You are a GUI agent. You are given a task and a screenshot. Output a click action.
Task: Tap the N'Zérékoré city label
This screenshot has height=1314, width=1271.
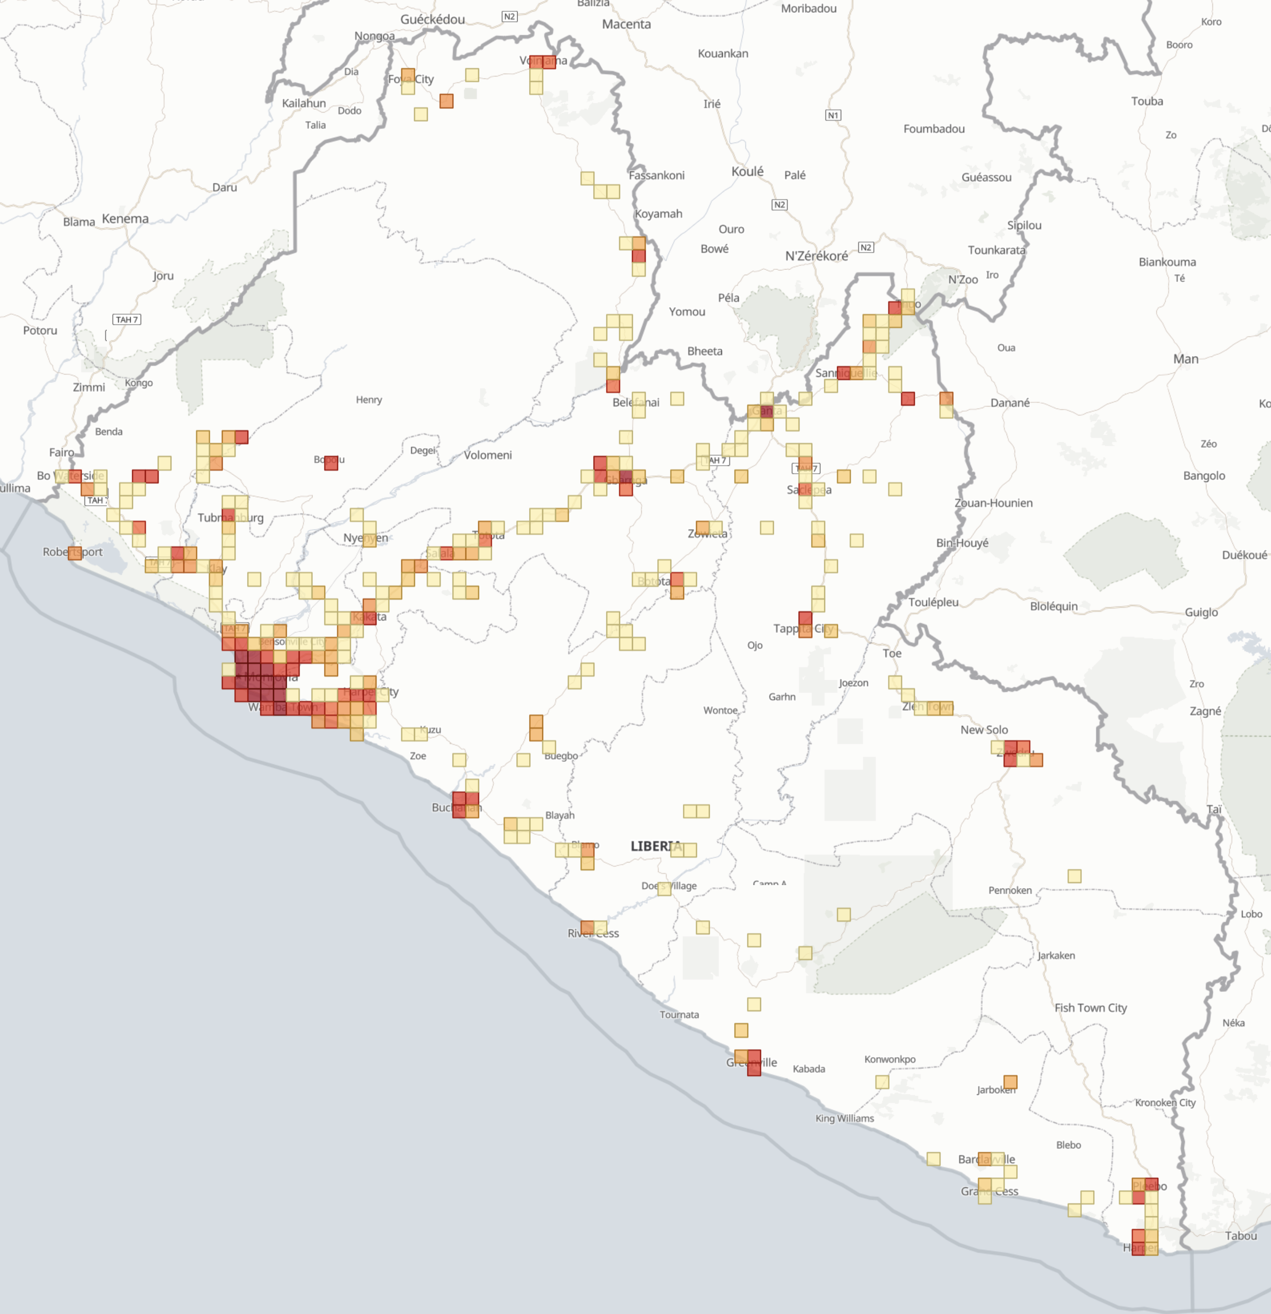(x=816, y=256)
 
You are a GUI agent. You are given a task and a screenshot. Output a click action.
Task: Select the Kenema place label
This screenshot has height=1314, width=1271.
(x=125, y=218)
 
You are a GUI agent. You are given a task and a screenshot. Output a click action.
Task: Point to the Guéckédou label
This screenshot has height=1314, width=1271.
(x=433, y=19)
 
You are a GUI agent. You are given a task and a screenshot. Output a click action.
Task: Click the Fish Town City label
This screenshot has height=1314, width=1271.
(x=1090, y=1007)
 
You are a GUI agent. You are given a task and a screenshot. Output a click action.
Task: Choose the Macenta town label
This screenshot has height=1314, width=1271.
(x=626, y=24)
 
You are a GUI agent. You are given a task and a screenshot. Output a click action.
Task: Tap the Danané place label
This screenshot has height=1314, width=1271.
(x=1009, y=402)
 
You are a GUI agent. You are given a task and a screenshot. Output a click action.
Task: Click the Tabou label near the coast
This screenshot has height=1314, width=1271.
(x=1241, y=1235)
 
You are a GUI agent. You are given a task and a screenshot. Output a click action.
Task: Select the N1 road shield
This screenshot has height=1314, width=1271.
(x=833, y=115)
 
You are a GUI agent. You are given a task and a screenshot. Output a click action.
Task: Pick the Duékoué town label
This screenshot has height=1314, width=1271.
(x=1244, y=554)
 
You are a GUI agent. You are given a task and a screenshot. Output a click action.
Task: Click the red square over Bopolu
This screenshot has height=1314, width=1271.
(x=331, y=463)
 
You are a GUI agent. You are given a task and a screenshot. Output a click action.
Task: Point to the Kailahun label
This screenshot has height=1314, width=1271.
(x=304, y=103)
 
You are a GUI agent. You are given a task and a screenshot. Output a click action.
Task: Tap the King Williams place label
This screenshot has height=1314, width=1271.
(x=845, y=1119)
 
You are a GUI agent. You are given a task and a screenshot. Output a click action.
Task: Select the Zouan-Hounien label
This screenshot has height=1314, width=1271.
(x=993, y=503)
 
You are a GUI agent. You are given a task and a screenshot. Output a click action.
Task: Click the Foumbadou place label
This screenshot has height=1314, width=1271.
(x=934, y=129)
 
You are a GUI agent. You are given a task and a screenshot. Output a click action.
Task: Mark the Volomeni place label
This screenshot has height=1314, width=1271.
(x=488, y=455)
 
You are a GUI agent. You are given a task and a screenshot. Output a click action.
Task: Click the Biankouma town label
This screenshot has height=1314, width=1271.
(x=1167, y=262)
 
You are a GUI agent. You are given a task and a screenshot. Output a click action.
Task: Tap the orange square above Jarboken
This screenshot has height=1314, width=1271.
(x=1010, y=1082)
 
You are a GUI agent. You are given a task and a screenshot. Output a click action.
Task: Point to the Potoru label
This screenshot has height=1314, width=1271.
(x=40, y=331)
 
